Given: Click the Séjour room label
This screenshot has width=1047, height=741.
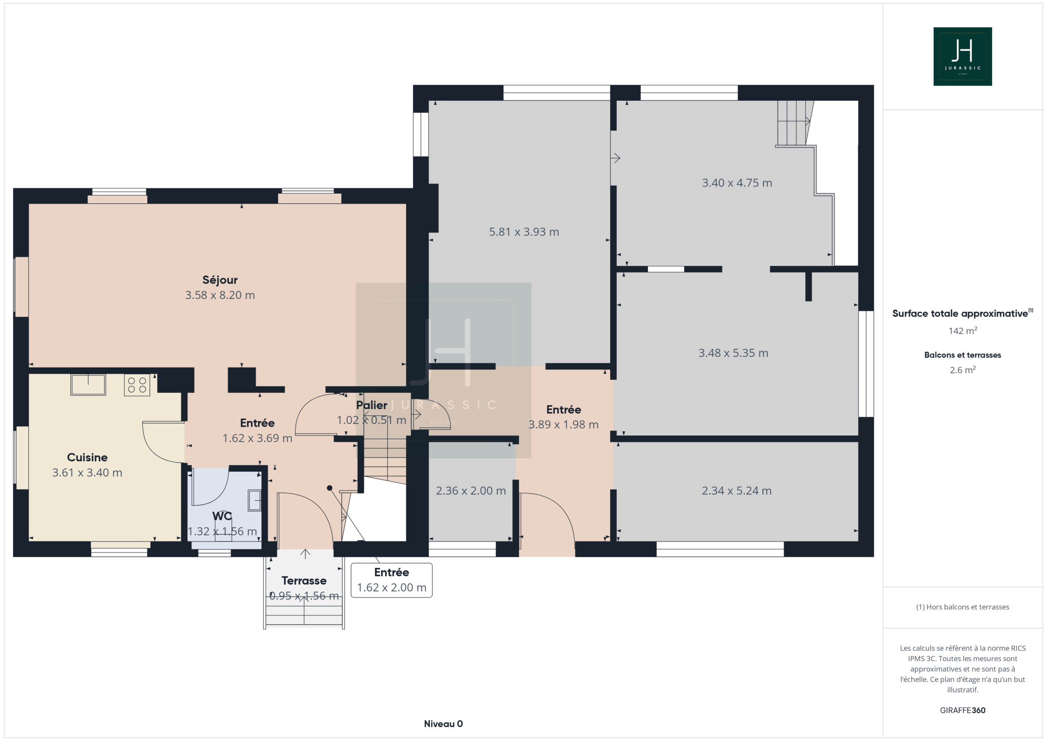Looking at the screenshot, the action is (220, 280).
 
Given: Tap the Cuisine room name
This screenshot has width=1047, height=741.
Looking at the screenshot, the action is (87, 457).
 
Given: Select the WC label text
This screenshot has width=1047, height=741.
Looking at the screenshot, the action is (222, 516).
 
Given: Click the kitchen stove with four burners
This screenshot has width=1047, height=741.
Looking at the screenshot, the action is (137, 384).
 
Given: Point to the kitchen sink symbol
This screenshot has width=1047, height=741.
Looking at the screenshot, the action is (88, 385).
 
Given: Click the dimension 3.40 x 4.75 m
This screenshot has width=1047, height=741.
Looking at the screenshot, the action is (737, 183).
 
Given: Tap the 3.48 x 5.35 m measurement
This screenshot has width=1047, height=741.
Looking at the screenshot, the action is (733, 353).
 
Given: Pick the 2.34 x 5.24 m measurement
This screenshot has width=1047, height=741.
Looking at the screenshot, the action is (737, 491).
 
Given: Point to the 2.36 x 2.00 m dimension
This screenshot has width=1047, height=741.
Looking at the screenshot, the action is (471, 491).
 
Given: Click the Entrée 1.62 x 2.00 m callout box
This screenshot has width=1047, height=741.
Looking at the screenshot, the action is (392, 580).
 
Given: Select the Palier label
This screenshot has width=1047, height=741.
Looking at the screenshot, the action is (372, 405).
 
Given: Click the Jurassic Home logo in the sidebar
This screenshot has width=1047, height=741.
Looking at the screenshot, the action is (963, 56).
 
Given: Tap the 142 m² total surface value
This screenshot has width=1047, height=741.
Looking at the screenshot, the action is (963, 331).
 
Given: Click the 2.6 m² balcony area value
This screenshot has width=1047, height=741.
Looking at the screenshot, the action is (963, 370).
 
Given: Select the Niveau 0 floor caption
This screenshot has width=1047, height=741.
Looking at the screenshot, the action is (443, 724).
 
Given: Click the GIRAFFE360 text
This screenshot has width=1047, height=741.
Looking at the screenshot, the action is (963, 710).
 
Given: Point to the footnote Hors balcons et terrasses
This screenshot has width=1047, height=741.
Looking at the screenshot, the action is (963, 607).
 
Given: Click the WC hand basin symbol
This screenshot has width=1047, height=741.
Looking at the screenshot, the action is (254, 500).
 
